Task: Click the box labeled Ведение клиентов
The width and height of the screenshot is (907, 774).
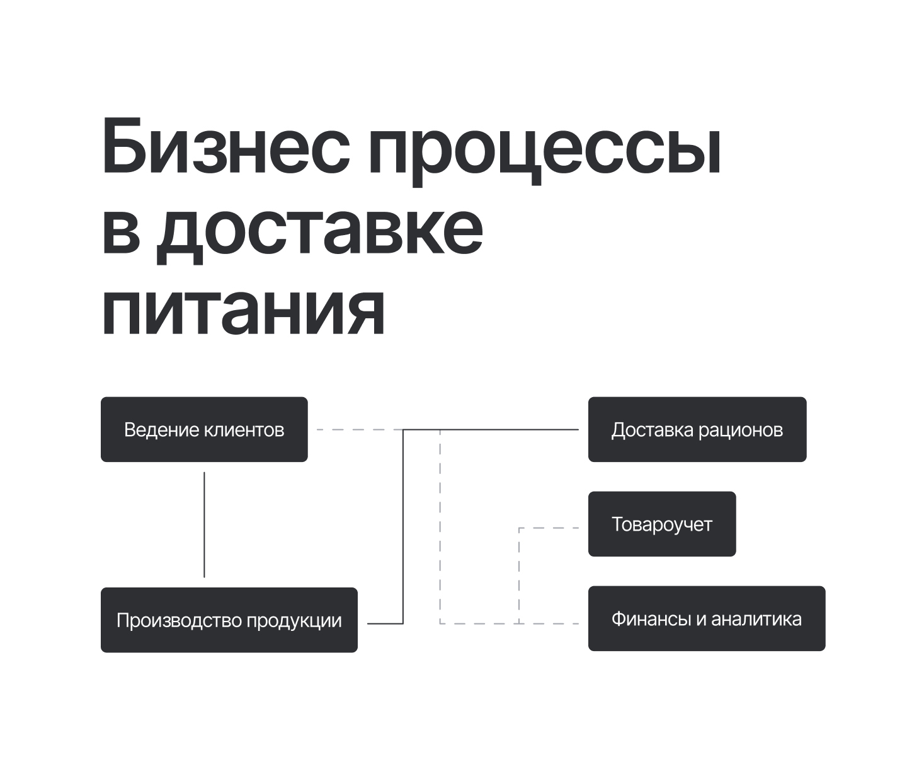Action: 204,429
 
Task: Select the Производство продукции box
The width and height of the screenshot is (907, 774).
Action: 229,620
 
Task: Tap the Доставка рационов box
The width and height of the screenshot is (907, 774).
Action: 697,429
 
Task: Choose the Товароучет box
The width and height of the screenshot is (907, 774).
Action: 661,524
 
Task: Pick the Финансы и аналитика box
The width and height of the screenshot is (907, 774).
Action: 706,618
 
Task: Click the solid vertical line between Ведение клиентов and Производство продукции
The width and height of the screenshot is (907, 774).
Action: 204,524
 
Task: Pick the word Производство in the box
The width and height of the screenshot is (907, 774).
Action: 179,621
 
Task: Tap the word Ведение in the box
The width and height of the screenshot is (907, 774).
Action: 161,430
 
